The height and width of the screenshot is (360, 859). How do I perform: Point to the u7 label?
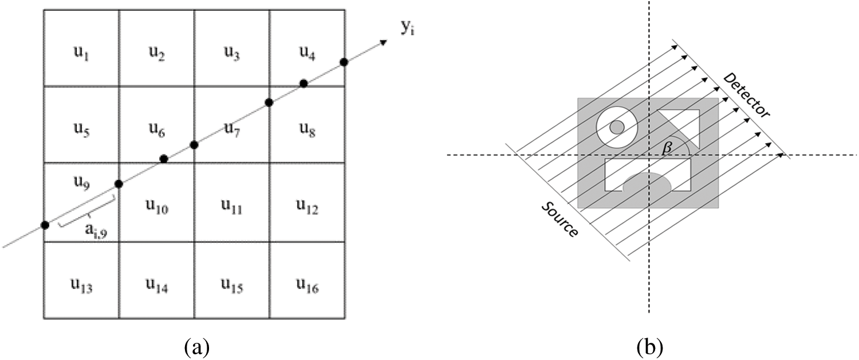[232, 133]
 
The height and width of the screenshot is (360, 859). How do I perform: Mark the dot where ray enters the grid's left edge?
[45, 225]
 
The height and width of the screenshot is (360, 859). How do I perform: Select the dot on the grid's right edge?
[344, 62]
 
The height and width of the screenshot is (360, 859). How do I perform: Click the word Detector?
[746, 96]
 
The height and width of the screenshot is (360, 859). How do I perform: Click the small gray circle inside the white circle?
[617, 126]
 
